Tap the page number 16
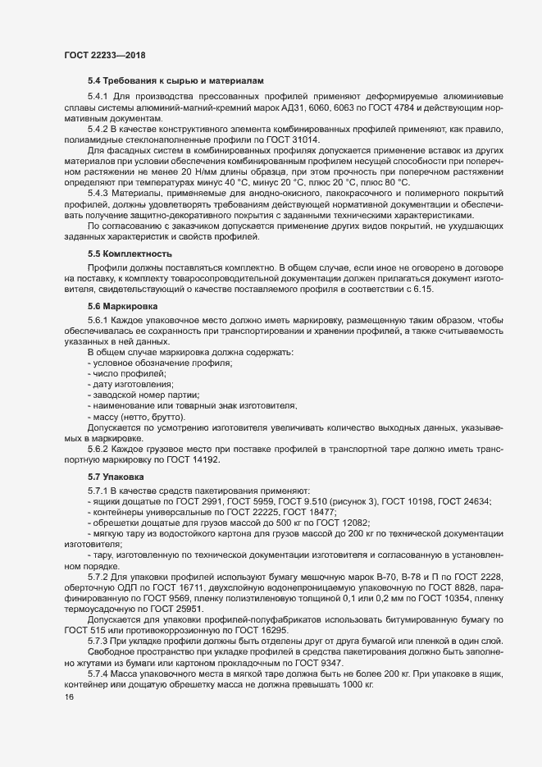click(x=57, y=720)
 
